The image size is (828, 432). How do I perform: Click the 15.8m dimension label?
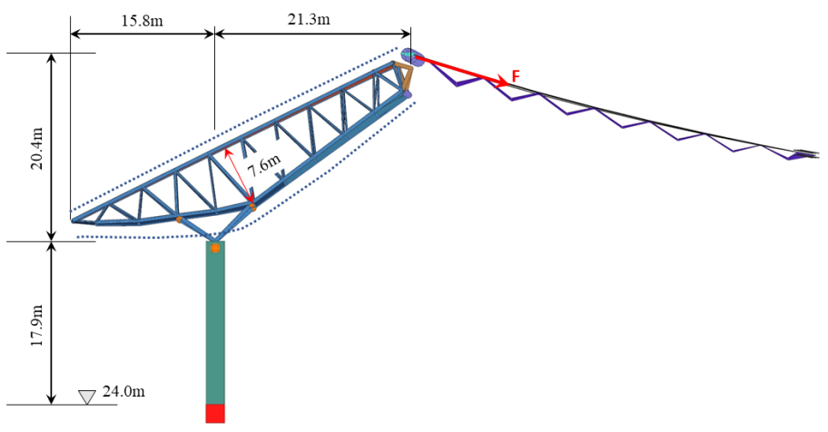[x=142, y=21]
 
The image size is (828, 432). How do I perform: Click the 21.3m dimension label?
[x=309, y=19]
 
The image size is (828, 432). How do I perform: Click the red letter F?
[x=516, y=75]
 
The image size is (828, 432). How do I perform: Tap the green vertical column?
[x=215, y=323]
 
